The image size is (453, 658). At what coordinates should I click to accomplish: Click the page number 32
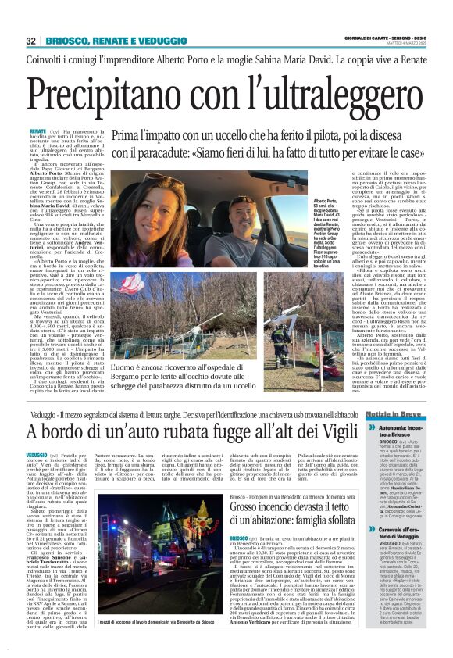point(32,40)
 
